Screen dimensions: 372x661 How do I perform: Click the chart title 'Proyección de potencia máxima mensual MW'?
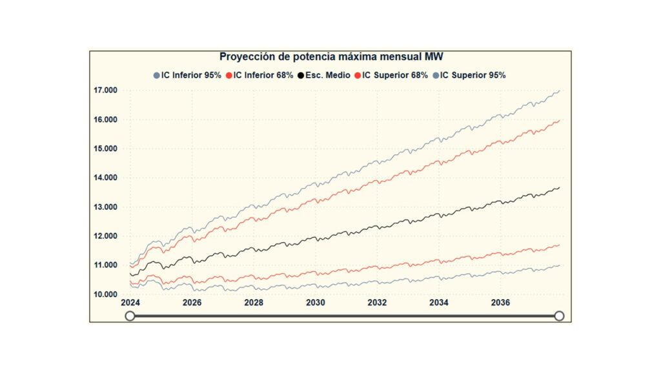[x=331, y=57]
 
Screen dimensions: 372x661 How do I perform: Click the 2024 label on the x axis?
[x=130, y=303]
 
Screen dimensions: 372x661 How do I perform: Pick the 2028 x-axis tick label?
[x=254, y=303]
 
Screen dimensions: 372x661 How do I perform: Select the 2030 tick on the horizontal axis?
[x=315, y=303]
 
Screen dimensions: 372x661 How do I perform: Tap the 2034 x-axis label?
[x=439, y=303]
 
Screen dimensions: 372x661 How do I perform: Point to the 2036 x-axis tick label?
[x=501, y=303]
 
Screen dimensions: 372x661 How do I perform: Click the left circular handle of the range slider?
[x=130, y=316]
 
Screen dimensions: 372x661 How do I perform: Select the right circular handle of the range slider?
[x=560, y=316]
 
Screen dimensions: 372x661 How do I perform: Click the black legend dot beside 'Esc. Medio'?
[x=301, y=75]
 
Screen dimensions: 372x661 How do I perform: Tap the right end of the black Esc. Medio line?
[x=559, y=187]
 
